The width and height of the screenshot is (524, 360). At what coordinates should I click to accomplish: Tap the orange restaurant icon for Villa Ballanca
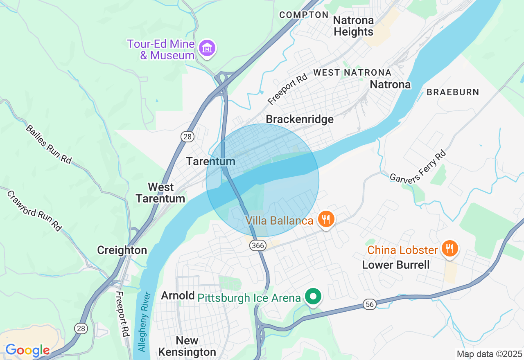[326, 220]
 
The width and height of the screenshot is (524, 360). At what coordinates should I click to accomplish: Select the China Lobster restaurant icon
[449, 248]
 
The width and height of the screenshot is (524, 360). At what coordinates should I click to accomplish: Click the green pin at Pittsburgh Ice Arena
[314, 297]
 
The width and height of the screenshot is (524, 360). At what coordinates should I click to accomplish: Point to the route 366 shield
[258, 245]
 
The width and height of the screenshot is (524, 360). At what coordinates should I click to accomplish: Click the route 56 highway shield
[370, 304]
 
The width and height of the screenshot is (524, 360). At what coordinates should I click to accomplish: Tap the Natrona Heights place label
[353, 26]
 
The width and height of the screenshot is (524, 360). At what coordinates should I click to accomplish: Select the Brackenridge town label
[300, 119]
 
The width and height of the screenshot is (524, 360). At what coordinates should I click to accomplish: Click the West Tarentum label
[160, 193]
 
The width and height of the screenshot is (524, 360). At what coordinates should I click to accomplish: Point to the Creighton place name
[122, 250]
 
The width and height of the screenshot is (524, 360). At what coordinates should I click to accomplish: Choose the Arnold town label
[178, 295]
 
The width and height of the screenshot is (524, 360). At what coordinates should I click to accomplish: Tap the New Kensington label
[187, 346]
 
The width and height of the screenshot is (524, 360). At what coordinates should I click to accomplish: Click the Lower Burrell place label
[396, 265]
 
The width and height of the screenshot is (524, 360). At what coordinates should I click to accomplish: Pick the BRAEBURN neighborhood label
[453, 92]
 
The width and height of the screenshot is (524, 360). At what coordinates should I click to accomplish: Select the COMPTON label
[304, 15]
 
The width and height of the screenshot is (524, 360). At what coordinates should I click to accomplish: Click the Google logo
[27, 350]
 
